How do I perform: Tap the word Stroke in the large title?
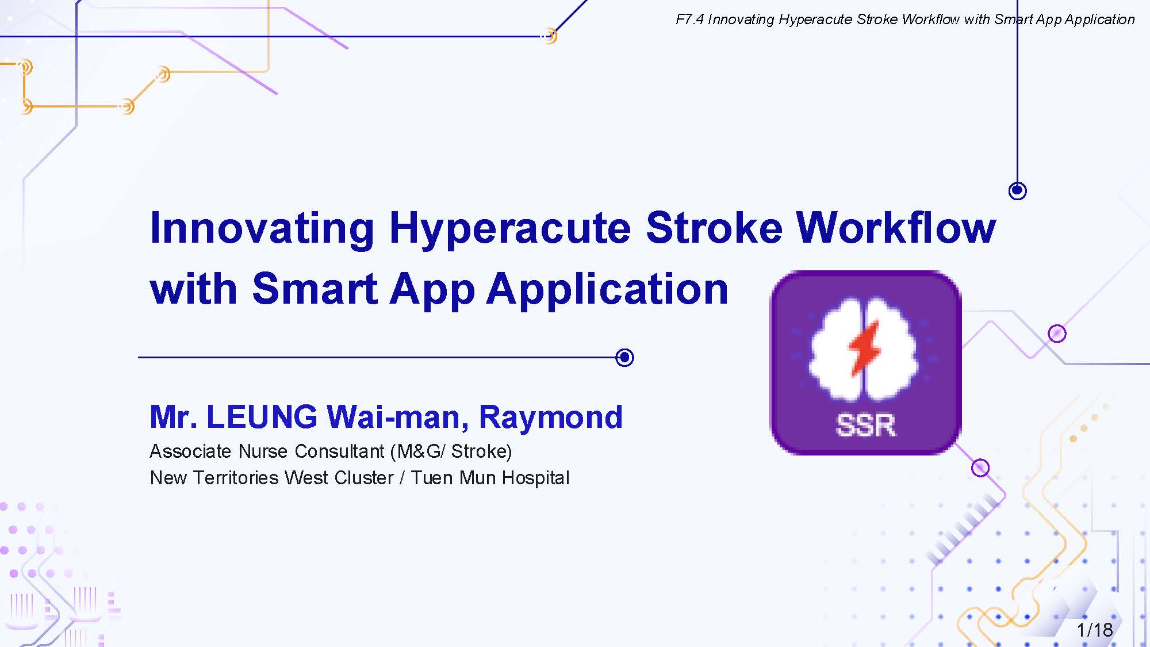(x=714, y=228)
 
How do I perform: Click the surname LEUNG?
(x=262, y=417)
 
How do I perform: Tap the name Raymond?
(x=551, y=418)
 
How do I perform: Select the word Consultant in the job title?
(x=339, y=451)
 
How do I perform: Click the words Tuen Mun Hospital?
(x=490, y=478)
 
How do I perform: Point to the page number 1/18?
(x=1095, y=630)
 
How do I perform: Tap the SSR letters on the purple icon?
(x=865, y=426)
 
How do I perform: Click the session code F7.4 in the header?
(x=689, y=20)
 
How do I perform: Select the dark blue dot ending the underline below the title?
(x=624, y=358)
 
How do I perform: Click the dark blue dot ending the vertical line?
(x=1017, y=190)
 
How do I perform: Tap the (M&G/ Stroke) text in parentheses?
(x=451, y=451)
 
